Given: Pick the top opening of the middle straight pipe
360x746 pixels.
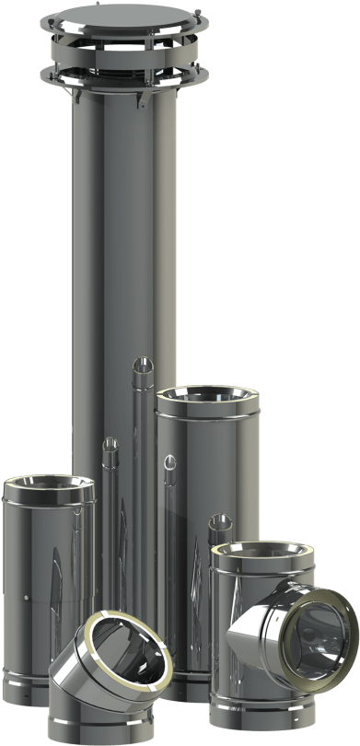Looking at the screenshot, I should (207, 400).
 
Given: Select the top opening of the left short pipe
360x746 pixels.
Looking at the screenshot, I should (49, 487).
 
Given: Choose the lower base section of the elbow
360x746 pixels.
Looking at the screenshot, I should (101, 723).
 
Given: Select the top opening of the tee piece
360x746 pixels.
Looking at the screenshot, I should (261, 558).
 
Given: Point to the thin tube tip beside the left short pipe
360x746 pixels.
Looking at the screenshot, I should (110, 447).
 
